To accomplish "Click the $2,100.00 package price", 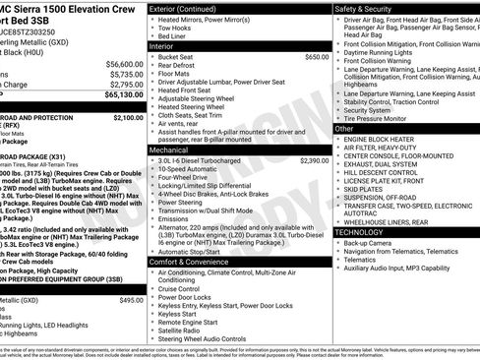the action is tap(129, 117).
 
